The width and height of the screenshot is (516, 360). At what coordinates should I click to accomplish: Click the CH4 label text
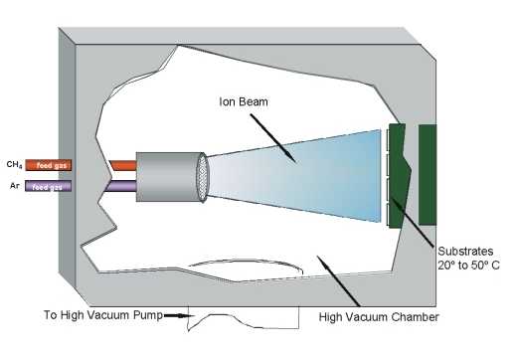(11, 163)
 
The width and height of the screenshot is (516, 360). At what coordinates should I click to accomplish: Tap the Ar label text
(13, 185)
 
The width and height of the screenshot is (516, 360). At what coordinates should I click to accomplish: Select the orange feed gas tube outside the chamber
(48, 164)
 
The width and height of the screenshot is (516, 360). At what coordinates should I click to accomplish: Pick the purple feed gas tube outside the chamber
(48, 186)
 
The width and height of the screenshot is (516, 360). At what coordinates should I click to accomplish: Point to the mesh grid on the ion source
(204, 178)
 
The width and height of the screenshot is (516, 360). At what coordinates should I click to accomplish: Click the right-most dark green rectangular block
(429, 174)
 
